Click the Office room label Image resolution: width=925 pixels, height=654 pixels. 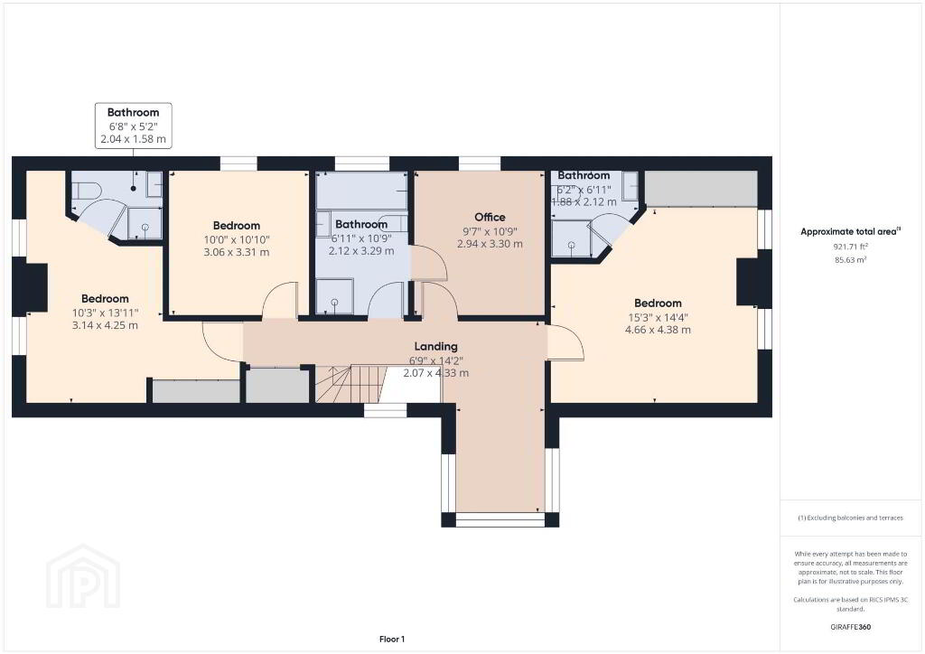[490, 217]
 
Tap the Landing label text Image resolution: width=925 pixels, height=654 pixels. [435, 346]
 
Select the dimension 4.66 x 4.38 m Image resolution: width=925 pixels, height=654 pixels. [658, 330]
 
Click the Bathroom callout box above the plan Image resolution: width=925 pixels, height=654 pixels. [134, 126]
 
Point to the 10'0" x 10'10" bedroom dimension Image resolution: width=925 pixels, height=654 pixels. [237, 240]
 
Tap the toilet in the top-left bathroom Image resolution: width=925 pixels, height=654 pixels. [86, 190]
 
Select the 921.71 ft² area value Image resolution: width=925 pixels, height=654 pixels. [850, 247]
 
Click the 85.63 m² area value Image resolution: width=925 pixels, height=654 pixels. [850, 259]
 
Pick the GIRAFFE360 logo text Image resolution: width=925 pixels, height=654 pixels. [850, 627]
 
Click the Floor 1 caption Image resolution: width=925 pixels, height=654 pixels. [392, 640]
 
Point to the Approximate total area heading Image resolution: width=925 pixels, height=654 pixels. [850, 232]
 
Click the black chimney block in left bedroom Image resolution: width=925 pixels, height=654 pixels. [35, 287]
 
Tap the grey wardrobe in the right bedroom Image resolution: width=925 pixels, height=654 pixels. [701, 189]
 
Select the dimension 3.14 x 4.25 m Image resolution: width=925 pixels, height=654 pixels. [105, 325]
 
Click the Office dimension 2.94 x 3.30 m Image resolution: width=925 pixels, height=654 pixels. [490, 244]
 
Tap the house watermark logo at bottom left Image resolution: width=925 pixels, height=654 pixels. [83, 576]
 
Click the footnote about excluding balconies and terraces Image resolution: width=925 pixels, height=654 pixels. [850, 518]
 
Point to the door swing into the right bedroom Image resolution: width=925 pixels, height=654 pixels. [566, 342]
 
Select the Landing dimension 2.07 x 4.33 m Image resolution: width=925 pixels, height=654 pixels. [436, 373]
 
